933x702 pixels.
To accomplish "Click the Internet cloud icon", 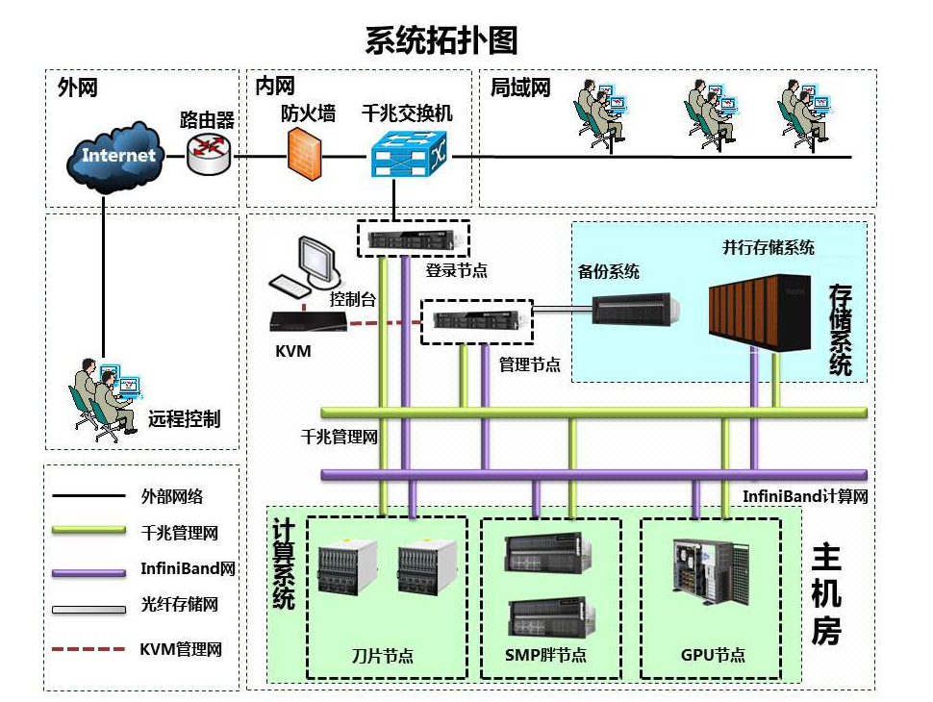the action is pyautogui.click(x=114, y=157).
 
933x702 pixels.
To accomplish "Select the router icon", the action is pyautogui.click(x=209, y=154).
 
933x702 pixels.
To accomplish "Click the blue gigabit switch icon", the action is pyautogui.click(x=409, y=154).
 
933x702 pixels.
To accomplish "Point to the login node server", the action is pyautogui.click(x=415, y=239).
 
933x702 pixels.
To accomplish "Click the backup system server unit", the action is pyautogui.click(x=636, y=309).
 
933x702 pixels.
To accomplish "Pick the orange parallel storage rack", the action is pyautogui.click(x=759, y=312).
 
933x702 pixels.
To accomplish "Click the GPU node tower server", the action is pyautogui.click(x=711, y=571).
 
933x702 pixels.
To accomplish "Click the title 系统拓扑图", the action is pyautogui.click(x=441, y=40).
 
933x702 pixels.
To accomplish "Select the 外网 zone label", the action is pyautogui.click(x=77, y=88).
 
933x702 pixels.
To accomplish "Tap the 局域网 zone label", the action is pyautogui.click(x=520, y=88).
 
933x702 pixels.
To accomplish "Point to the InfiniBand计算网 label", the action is pyautogui.click(x=805, y=495).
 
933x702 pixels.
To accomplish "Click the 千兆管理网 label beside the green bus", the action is pyautogui.click(x=340, y=438).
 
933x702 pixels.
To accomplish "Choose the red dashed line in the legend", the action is pyautogui.click(x=88, y=648).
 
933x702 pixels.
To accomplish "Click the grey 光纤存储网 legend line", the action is pyautogui.click(x=88, y=609).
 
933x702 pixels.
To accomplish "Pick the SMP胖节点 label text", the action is pyautogui.click(x=545, y=655).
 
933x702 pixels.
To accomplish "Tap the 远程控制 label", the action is pyautogui.click(x=185, y=419).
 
